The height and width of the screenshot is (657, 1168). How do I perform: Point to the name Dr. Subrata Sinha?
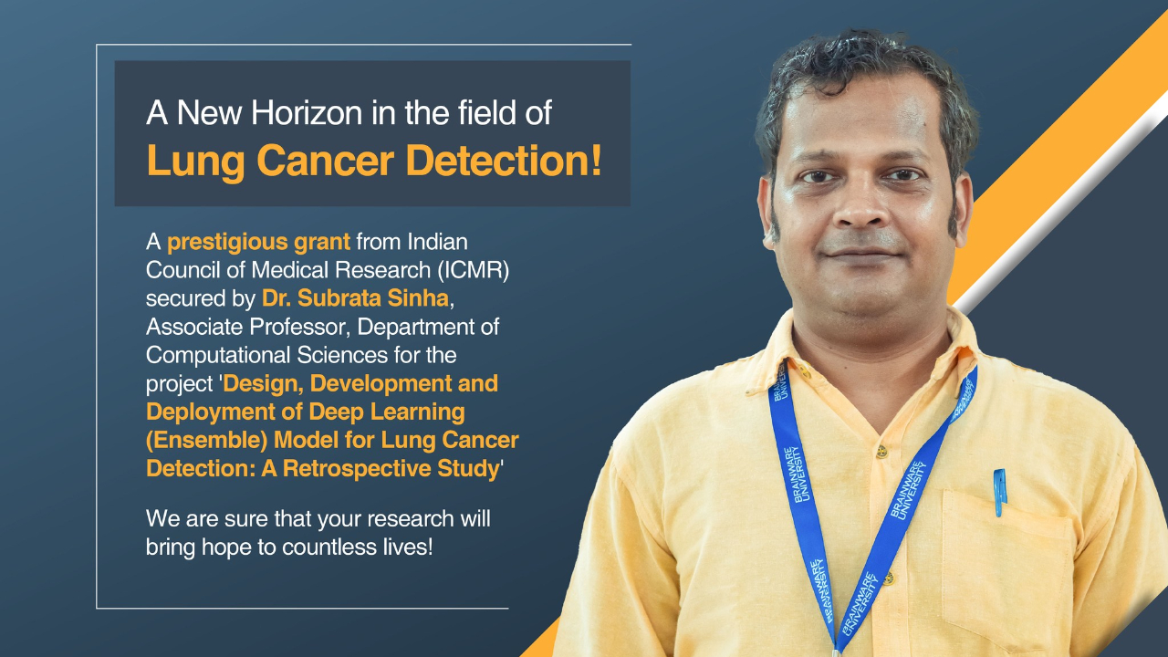pos(355,297)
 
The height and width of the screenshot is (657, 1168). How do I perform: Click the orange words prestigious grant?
pos(258,242)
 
